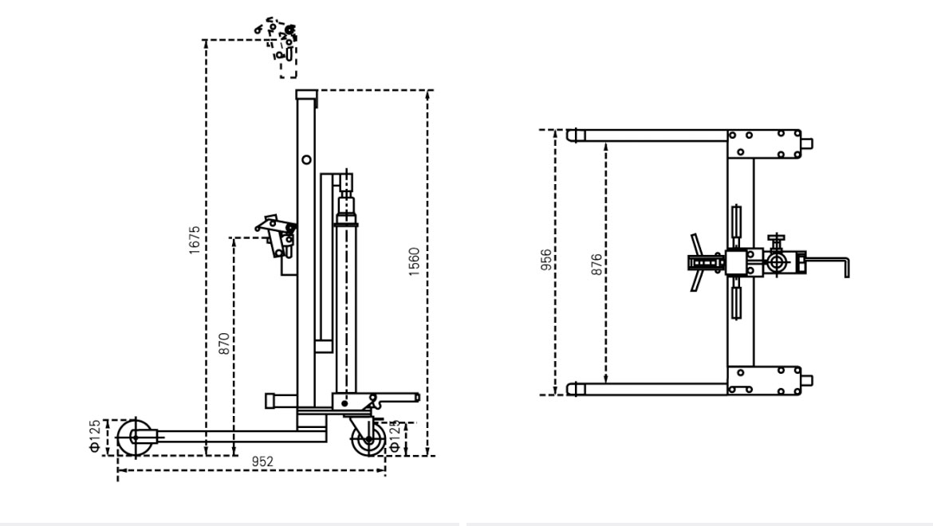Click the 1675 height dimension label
coord(195,240)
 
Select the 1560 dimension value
coord(414,261)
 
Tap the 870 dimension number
coord(224,343)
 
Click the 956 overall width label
coord(546,261)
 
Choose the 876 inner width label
coord(597,262)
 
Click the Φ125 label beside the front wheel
coord(95,437)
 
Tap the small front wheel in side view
coord(134,438)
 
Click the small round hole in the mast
coord(305,159)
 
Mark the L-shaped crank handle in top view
coord(829,264)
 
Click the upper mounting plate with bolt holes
coord(763,144)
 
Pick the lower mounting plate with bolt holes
coord(763,381)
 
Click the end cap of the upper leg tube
coord(573,135)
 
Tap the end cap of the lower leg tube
coord(573,389)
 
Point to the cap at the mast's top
coord(305,95)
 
